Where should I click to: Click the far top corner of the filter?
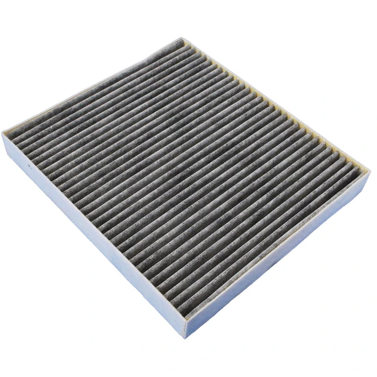tap(182, 38)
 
